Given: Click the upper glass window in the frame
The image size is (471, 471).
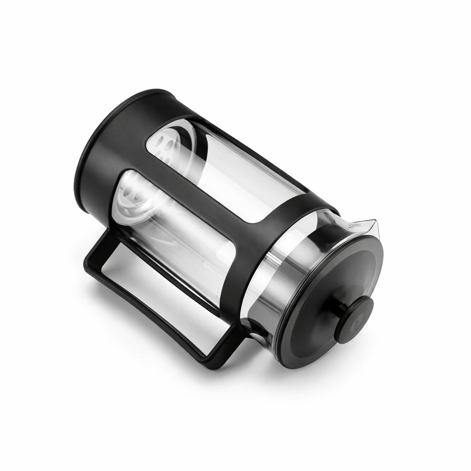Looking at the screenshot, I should pyautogui.click(x=221, y=170).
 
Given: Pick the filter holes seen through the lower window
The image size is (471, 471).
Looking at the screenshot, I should pyautogui.click(x=131, y=195).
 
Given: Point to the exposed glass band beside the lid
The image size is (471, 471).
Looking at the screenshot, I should pyautogui.click(x=299, y=258).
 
